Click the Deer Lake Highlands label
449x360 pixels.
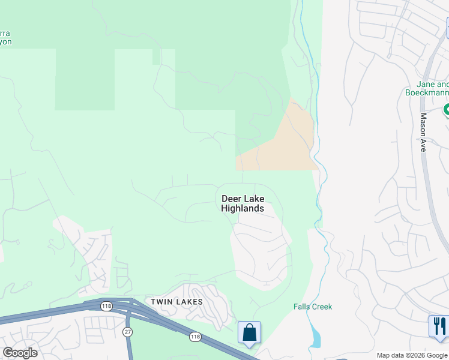(243, 203)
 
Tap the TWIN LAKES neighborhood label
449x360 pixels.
(176, 302)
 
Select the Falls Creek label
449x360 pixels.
(313, 307)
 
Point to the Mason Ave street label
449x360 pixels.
(423, 132)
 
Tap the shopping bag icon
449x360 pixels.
(249, 332)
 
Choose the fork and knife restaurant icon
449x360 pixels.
(439, 326)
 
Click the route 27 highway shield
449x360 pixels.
(127, 331)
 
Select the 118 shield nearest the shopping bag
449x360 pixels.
(196, 337)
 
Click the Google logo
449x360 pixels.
(20, 353)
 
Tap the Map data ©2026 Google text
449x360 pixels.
(411, 355)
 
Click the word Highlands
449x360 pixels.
(243, 209)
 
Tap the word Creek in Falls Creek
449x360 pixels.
(322, 307)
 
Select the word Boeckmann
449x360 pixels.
(426, 92)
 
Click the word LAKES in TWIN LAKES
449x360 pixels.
(189, 302)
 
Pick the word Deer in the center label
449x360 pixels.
(231, 199)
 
